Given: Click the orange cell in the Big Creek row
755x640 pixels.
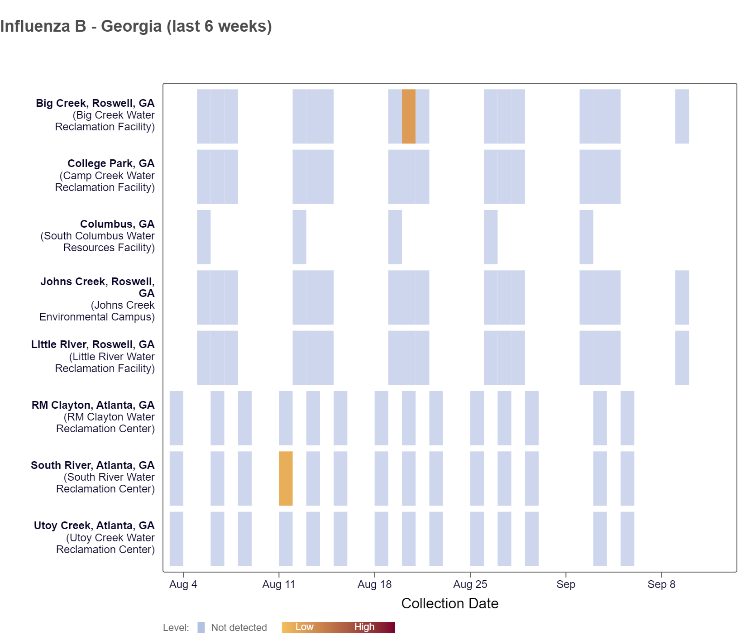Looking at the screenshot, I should coord(408,116).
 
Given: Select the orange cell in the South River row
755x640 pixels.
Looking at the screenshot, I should coord(286,478).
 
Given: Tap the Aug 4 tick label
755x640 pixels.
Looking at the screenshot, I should coord(183,584).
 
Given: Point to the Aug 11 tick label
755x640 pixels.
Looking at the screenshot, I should coord(278,584).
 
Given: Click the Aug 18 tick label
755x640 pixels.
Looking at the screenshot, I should coord(374,584).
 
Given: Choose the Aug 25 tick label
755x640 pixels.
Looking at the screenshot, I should coord(470,584).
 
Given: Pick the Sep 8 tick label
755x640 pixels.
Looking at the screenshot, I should coord(661,584).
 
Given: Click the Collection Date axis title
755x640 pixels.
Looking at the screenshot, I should coord(449,603).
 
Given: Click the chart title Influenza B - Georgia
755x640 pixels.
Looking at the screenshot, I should coord(136,26).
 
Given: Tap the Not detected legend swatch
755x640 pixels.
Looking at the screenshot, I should coord(201,627).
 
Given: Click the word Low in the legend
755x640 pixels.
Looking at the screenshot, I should coord(304,627).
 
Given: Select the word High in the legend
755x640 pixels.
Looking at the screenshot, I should coord(364,627).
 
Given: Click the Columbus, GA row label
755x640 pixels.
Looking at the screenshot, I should coord(117,224).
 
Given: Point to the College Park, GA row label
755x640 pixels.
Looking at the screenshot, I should coord(111,163).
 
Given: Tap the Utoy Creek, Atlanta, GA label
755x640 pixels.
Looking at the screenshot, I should coord(94,525).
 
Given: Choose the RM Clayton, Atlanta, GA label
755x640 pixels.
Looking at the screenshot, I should coord(93,405).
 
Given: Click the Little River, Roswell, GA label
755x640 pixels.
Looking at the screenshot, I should coord(93,344).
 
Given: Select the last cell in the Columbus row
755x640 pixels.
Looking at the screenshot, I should coord(586,237).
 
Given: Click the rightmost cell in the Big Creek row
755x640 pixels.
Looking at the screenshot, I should coord(682,116).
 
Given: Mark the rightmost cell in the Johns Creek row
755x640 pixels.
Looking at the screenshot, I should coord(682,297).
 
